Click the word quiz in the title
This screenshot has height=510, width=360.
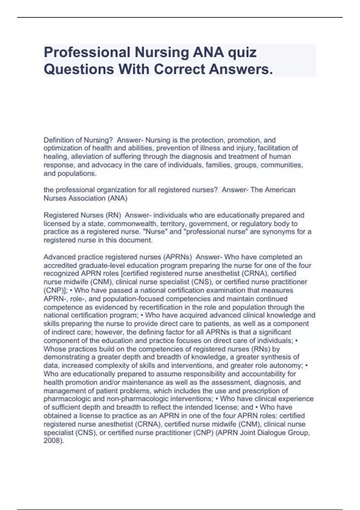click(x=242, y=52)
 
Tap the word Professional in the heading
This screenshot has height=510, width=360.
click(x=87, y=52)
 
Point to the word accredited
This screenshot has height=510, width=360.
click(x=60, y=265)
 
